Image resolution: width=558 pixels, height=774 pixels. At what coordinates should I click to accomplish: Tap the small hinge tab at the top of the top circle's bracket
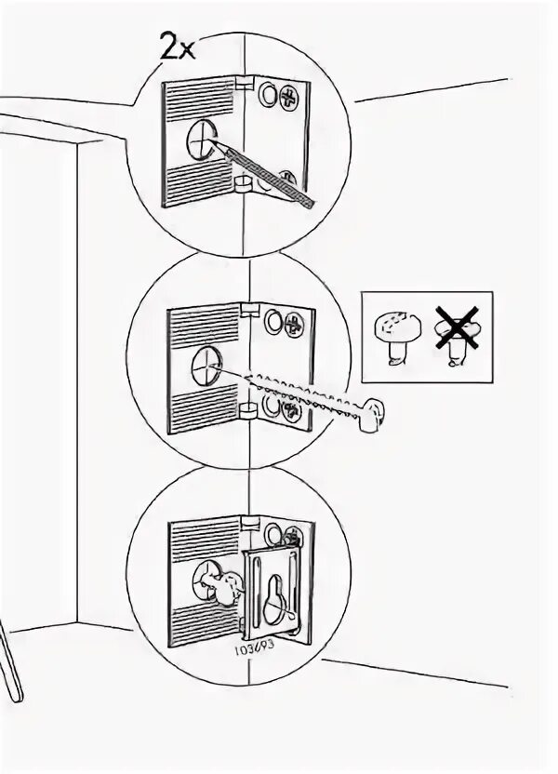tap(243, 85)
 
